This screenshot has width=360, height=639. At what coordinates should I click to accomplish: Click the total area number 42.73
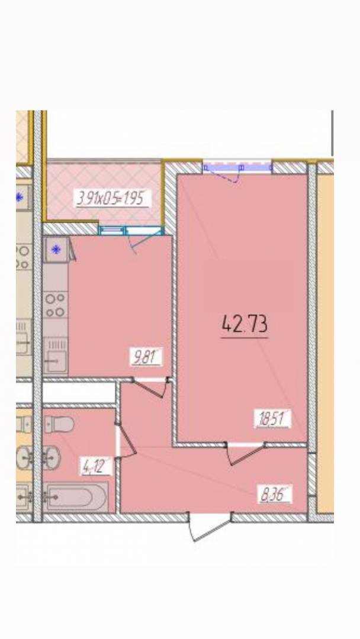[245, 324]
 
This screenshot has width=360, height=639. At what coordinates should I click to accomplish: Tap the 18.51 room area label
[273, 418]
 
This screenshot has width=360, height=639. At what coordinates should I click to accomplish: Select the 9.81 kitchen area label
[146, 357]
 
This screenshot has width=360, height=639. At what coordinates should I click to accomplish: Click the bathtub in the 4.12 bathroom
[76, 497]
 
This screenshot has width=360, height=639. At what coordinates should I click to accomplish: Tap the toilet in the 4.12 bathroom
[59, 425]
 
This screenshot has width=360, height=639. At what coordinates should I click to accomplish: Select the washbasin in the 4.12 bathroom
[52, 457]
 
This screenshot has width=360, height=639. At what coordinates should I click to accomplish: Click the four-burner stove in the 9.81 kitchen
[55, 305]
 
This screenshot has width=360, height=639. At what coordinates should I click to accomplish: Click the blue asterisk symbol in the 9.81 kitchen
[56, 250]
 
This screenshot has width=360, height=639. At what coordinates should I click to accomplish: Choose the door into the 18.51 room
[246, 453]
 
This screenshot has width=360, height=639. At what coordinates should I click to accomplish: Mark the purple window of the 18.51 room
[237, 167]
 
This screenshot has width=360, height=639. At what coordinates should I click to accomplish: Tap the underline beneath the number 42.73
[245, 337]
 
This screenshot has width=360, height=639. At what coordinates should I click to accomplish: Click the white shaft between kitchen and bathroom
[79, 392]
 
